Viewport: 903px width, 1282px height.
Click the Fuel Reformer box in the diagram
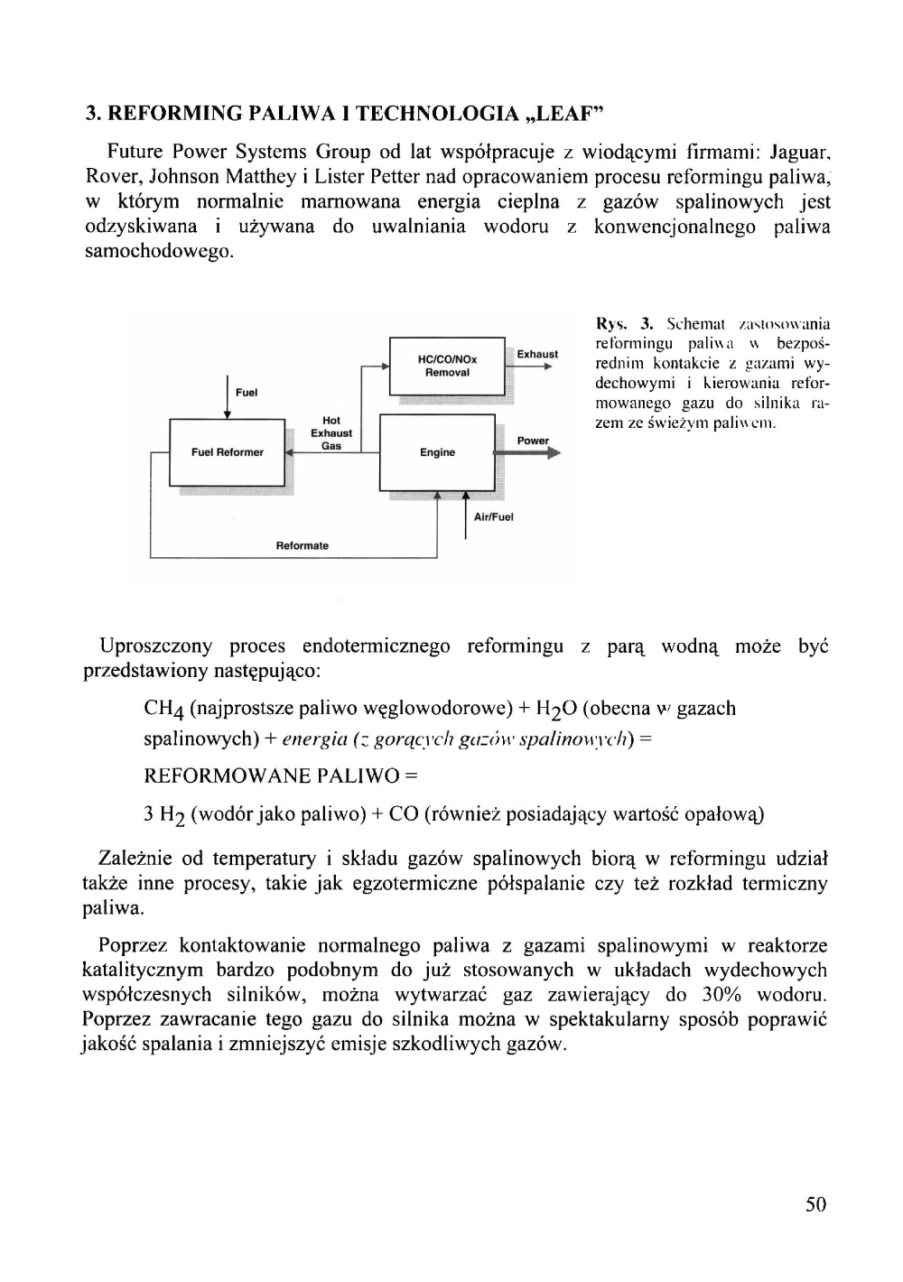[x=228, y=452]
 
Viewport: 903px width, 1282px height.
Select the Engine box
[x=438, y=452]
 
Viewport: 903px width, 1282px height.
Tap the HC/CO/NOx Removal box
[x=446, y=366]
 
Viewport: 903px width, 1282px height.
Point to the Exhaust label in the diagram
[x=537, y=354]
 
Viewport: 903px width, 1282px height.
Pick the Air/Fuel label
[x=493, y=517]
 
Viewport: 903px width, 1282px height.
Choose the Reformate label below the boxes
[x=302, y=545]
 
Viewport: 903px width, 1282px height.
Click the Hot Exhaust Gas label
[x=331, y=433]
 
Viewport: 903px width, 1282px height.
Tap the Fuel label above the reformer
[x=247, y=393]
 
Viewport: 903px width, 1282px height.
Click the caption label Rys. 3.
[x=624, y=323]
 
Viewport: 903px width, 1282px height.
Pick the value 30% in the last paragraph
[x=721, y=995]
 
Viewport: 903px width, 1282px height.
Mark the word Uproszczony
[x=156, y=646]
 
